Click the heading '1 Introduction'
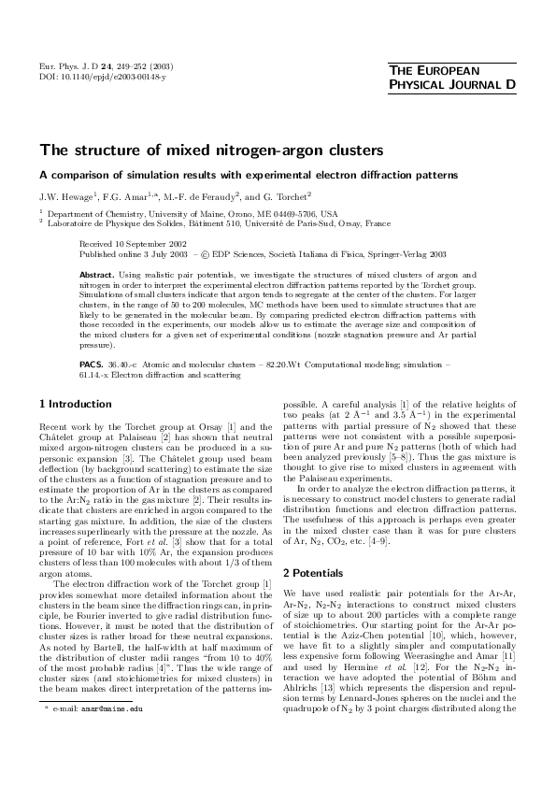[x=73, y=404]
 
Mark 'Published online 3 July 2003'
[x=139, y=252]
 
